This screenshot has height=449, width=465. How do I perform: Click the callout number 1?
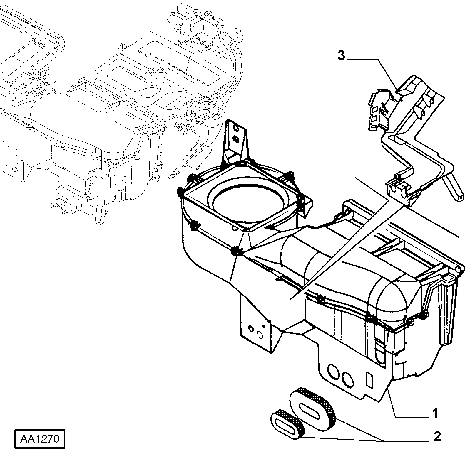click(x=435, y=413)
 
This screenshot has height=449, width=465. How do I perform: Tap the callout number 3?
click(x=341, y=55)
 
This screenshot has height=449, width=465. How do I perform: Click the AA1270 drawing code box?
click(x=39, y=439)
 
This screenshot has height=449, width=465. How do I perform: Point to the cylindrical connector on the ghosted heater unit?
click(x=61, y=201)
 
